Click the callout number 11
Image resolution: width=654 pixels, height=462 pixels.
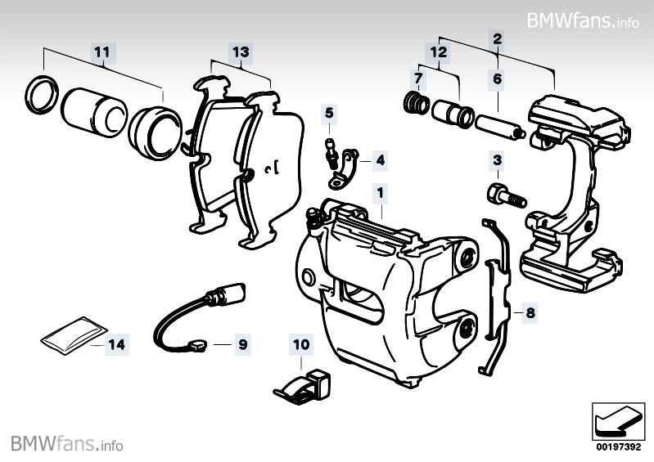[x=101, y=52]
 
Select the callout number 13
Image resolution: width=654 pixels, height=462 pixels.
[x=240, y=52]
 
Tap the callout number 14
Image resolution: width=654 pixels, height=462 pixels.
[x=118, y=345]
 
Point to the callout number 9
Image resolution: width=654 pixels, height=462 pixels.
[x=242, y=344]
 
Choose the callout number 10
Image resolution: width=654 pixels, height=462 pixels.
[x=300, y=346]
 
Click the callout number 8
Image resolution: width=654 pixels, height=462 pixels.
[x=530, y=312]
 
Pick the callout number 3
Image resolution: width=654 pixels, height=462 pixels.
[x=497, y=159]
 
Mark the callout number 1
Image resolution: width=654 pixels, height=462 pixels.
[x=380, y=194]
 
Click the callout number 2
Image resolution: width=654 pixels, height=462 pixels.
[x=497, y=38]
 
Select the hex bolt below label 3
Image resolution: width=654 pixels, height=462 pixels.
[x=501, y=195]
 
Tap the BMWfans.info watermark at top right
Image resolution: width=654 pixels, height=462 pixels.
[x=583, y=19]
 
